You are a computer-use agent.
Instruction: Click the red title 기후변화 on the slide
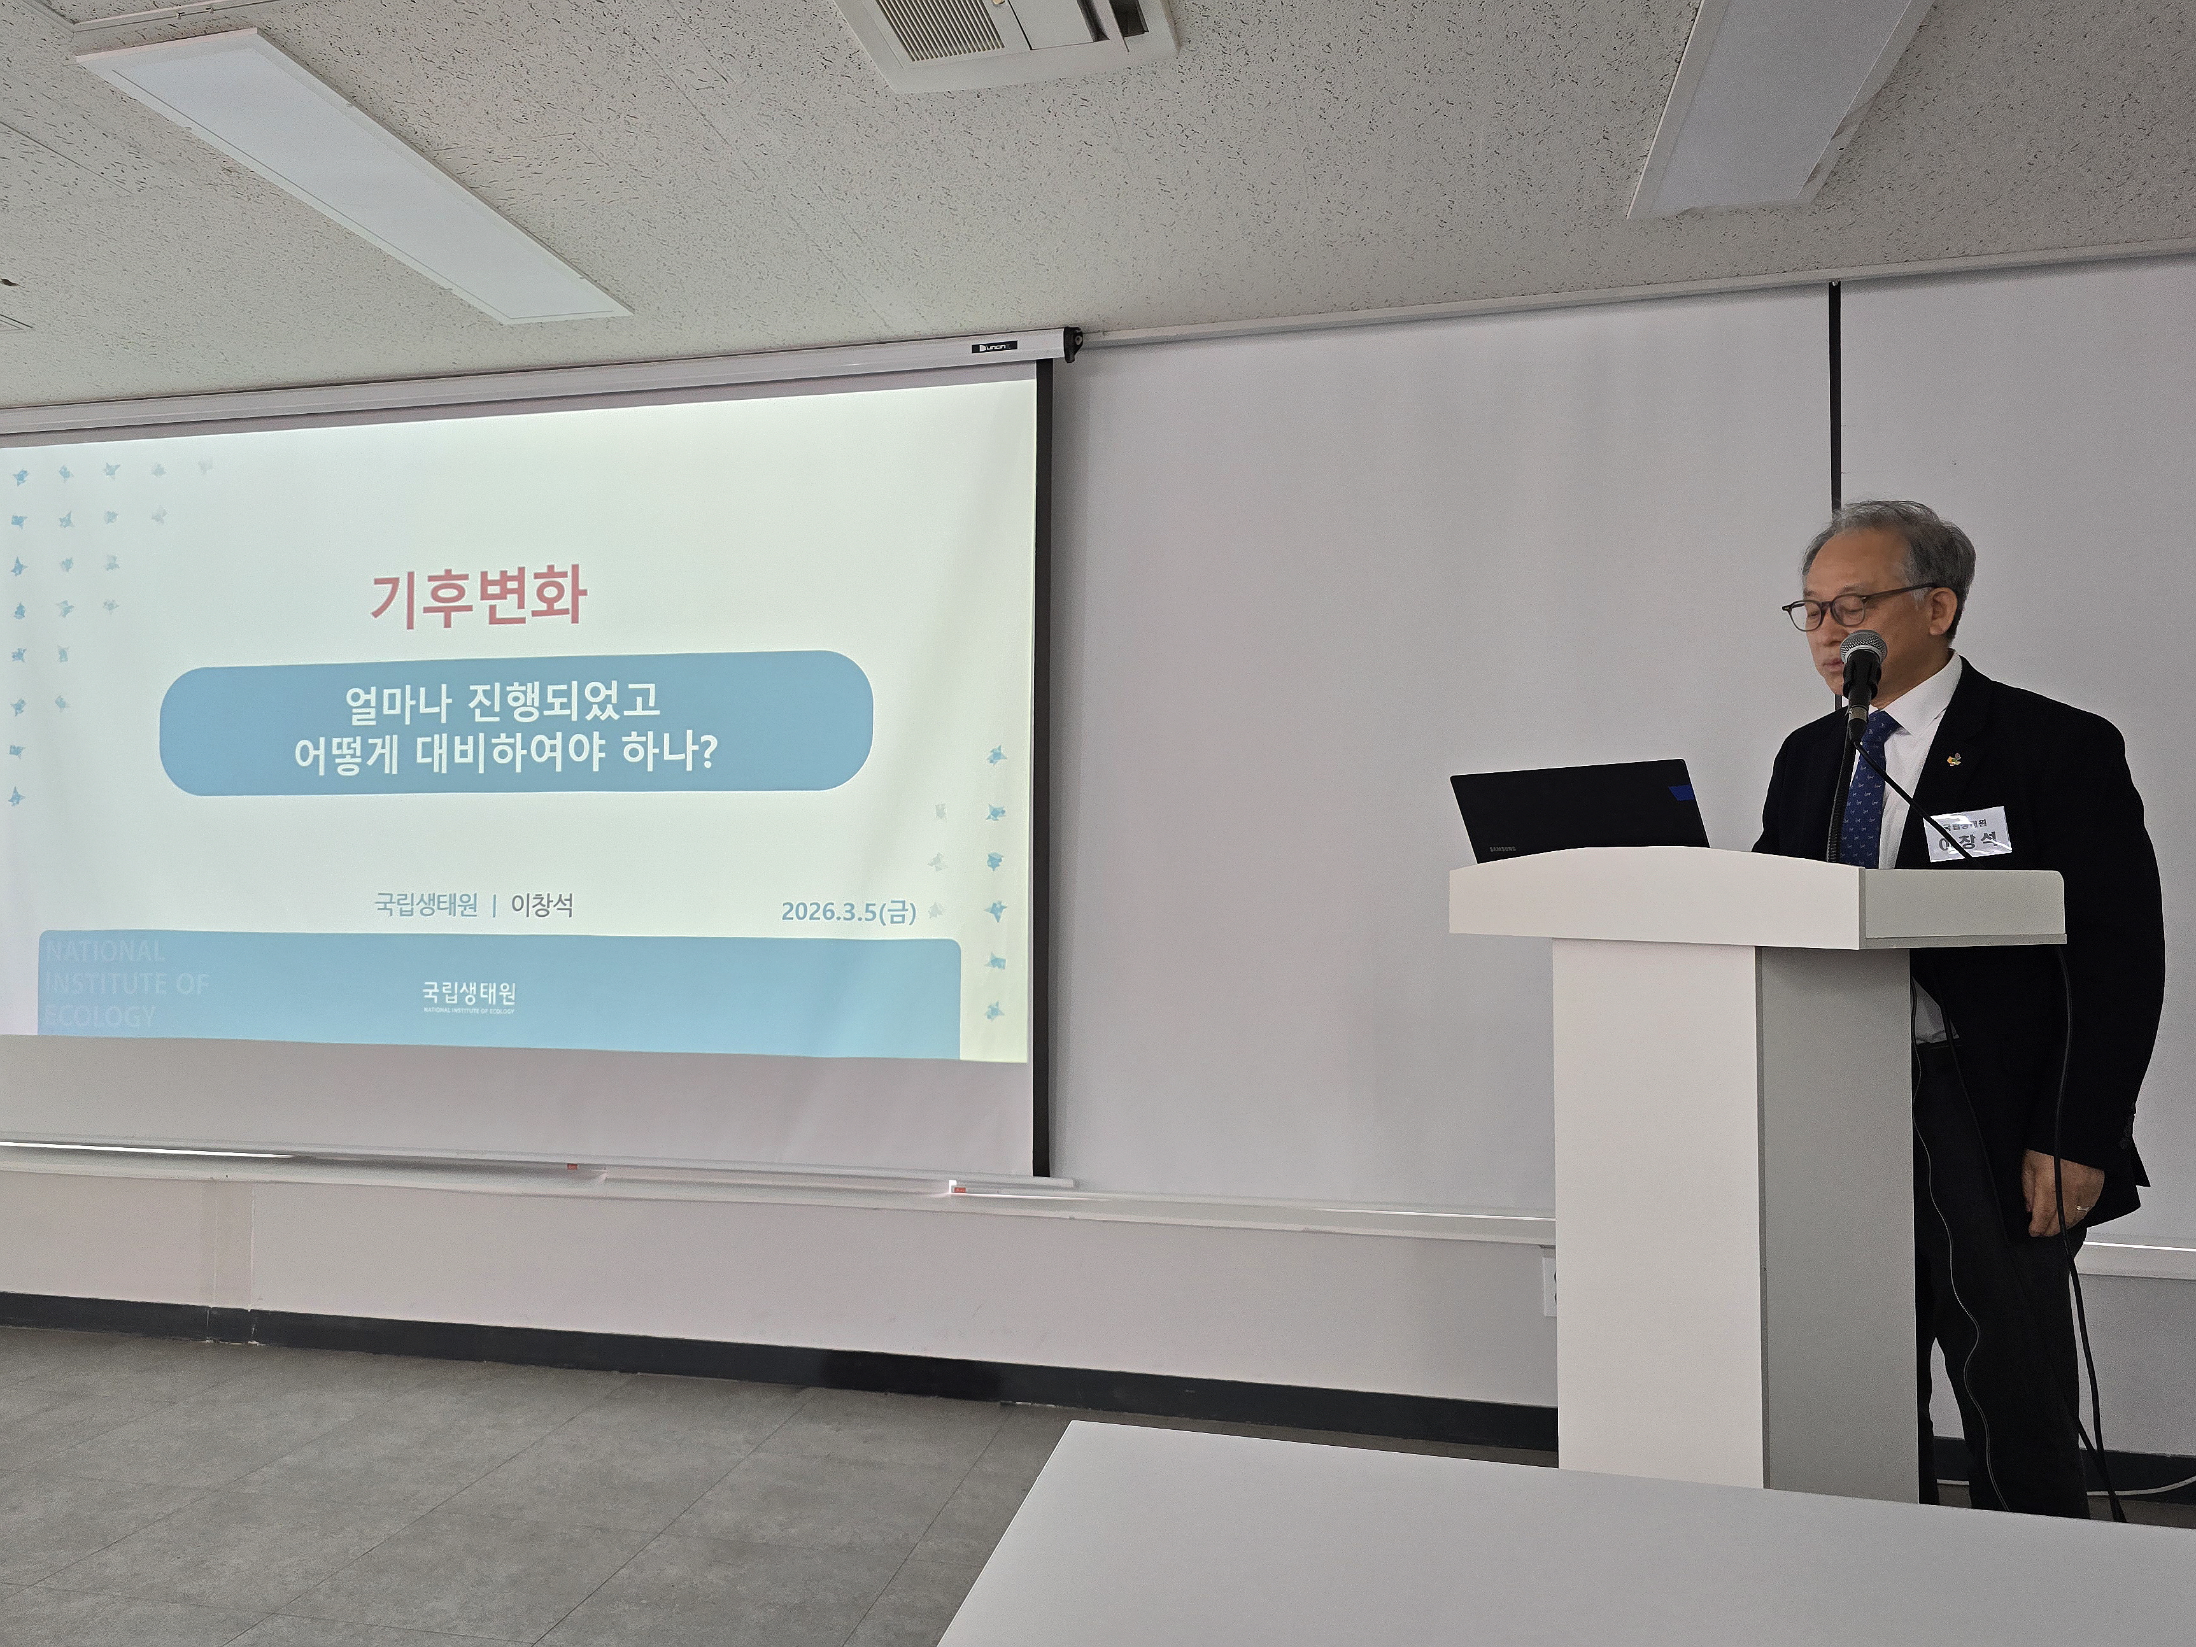coord(478,598)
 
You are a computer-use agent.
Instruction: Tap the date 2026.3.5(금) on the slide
coord(848,912)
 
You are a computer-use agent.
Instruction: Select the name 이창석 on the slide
coord(542,905)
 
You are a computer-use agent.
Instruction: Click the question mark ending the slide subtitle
coord(707,756)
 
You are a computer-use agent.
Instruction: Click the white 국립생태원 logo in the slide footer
coord(469,994)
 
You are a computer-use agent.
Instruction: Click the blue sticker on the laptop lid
coord(1683,792)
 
